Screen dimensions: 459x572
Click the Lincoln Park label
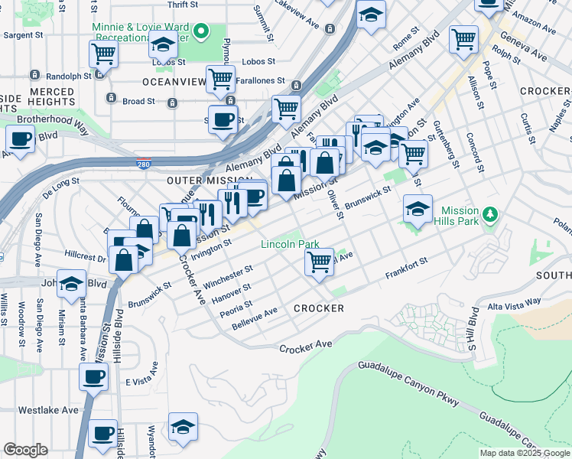(290, 245)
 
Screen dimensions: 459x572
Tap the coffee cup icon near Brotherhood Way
(20, 139)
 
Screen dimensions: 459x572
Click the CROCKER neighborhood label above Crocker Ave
(318, 308)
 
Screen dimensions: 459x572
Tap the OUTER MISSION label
(199, 180)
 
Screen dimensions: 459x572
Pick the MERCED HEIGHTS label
(52, 97)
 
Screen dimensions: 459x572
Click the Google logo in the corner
(24, 450)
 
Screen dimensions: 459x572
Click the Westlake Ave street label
(48, 410)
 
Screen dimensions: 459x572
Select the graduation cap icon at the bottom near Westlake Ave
(184, 427)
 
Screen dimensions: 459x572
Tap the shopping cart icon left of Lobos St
(103, 54)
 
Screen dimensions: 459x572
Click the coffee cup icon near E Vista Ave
(94, 377)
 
